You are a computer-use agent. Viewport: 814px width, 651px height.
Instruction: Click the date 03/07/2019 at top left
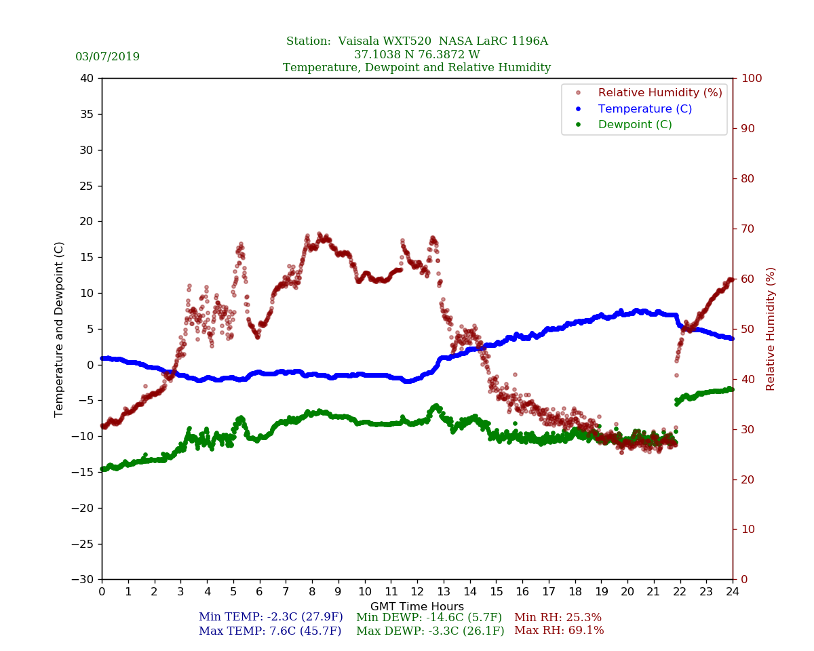[x=107, y=57]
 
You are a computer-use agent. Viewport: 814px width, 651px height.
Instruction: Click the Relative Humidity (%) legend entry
[x=659, y=92]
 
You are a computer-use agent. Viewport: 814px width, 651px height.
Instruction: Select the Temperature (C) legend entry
[x=644, y=108]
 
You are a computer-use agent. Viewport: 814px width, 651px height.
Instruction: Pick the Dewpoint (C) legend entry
[x=635, y=125]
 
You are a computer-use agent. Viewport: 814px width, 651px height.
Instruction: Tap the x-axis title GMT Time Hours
[x=416, y=606]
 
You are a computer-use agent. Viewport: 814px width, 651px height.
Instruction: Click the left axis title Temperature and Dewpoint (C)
[x=60, y=329]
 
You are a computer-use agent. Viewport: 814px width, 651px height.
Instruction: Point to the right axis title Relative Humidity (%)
[x=771, y=329]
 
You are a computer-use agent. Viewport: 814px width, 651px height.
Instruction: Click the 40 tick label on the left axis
[x=87, y=79]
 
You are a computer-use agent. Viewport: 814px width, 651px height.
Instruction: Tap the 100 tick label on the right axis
[x=750, y=79]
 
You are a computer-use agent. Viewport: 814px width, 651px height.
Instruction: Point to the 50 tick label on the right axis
[x=746, y=330]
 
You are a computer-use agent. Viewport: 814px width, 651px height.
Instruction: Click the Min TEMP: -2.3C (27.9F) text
[x=270, y=617]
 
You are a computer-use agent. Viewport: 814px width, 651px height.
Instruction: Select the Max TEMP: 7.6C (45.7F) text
[x=270, y=631]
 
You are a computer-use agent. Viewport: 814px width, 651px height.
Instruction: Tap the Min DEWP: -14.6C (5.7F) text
[x=429, y=617]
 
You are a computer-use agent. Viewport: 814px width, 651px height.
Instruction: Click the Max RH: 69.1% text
[x=559, y=631]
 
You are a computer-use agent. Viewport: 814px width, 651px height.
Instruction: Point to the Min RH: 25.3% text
[x=558, y=617]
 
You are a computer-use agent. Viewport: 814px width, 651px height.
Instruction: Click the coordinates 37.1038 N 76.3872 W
[x=416, y=55]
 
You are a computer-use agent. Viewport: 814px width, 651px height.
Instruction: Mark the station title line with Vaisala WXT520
[x=416, y=41]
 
